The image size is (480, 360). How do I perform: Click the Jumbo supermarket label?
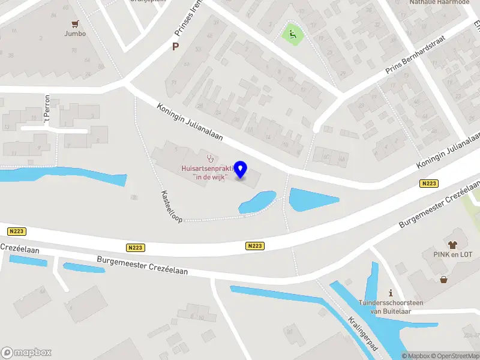(x=75, y=34)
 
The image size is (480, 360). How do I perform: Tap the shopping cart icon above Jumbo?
(x=75, y=24)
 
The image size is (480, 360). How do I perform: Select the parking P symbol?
(x=176, y=46)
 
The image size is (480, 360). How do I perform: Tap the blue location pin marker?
(x=241, y=170)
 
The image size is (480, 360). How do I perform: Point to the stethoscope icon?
(x=210, y=159)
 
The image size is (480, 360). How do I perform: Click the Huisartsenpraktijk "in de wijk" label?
(x=204, y=172)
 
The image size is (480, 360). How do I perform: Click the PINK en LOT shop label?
(x=453, y=254)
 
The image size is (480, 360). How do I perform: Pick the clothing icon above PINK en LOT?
(x=452, y=245)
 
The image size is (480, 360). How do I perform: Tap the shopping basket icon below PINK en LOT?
(x=443, y=279)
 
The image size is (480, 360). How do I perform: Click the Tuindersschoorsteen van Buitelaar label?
(x=391, y=307)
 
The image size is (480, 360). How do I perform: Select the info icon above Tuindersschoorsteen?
(x=391, y=293)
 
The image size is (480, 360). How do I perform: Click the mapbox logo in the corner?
(x=26, y=353)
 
